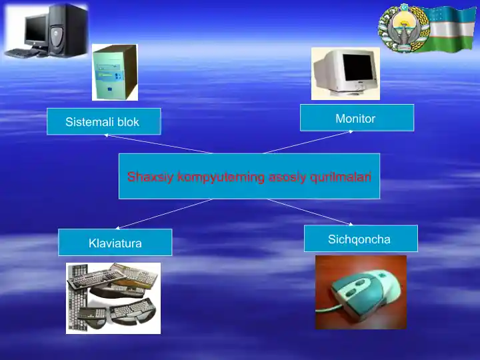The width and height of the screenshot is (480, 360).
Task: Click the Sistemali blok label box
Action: pyautogui.click(x=103, y=121)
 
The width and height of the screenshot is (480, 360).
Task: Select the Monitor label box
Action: pyautogui.click(x=357, y=117)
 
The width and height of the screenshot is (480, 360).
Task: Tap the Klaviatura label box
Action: pyautogui.click(x=115, y=242)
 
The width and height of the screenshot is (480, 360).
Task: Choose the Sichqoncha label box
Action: pyautogui.click(x=361, y=238)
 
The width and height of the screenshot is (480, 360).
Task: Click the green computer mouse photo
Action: pyautogui.click(x=361, y=292)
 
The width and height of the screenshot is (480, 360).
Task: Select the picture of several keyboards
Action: pyautogui.click(x=113, y=297)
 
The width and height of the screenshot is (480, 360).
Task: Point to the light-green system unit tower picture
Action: pyautogui.click(x=115, y=72)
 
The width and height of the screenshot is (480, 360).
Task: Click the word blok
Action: pyautogui.click(x=128, y=122)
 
